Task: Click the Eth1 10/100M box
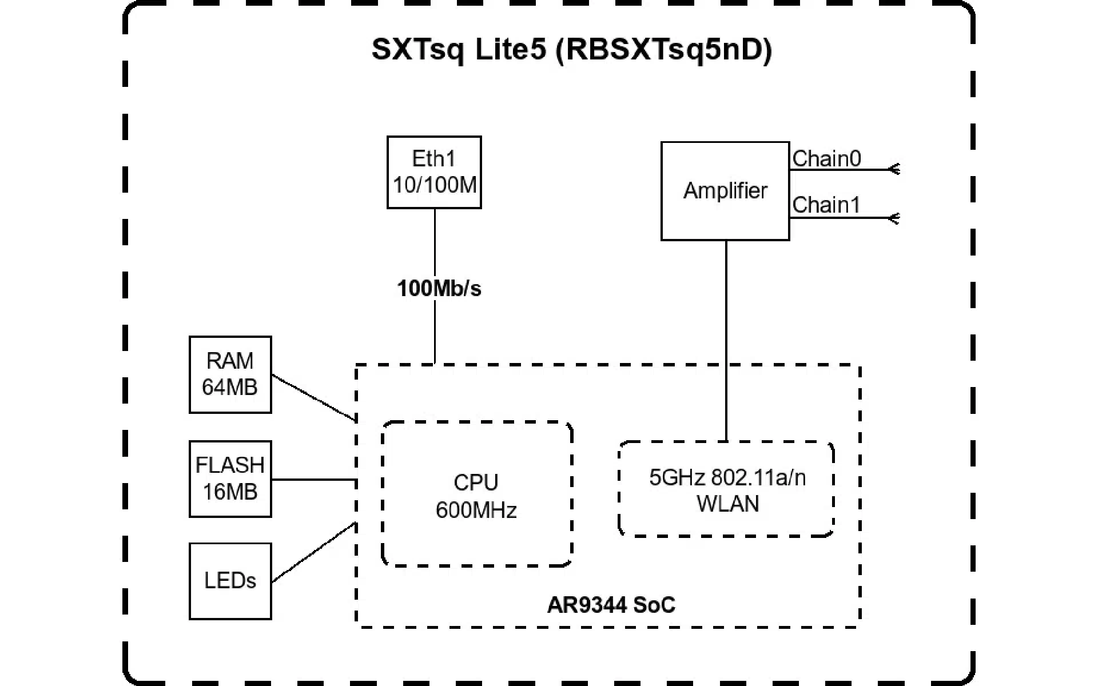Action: [434, 172]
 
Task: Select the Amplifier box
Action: [725, 191]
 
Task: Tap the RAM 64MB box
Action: [230, 374]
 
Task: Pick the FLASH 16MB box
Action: [230, 479]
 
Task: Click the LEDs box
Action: [230, 581]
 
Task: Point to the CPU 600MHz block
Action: [476, 495]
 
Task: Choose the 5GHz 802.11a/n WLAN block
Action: [726, 489]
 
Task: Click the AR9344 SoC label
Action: [611, 605]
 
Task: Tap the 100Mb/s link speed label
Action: [439, 289]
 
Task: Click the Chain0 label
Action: [826, 158]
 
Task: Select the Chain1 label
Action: [826, 205]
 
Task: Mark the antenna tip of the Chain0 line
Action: [895, 169]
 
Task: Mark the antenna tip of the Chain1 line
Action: [895, 218]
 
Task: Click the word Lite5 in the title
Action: [510, 50]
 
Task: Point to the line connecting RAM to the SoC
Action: [313, 397]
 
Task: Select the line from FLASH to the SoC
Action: [313, 480]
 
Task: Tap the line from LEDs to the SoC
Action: [313, 552]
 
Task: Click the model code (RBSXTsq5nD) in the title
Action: [663, 50]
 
